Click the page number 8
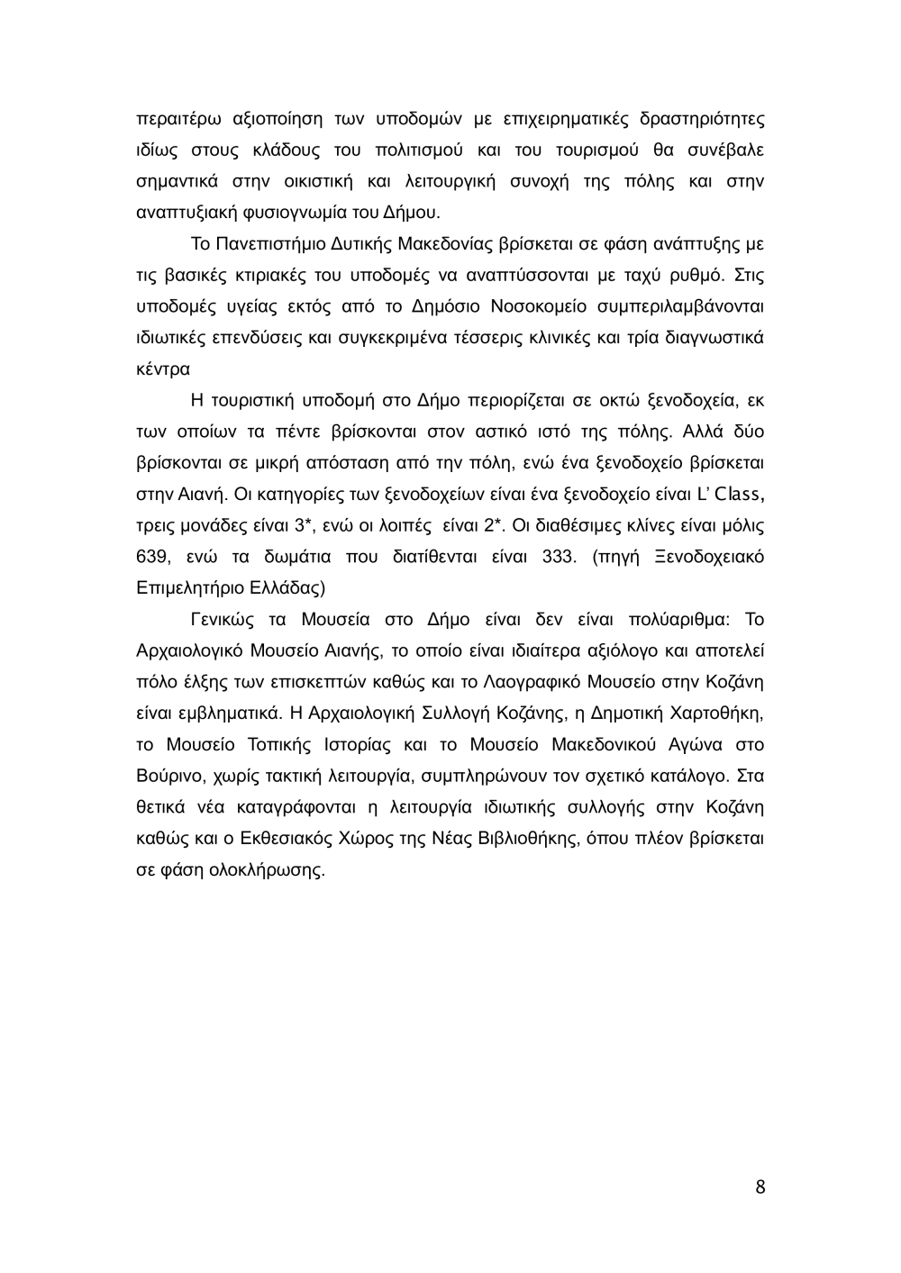(760, 1187)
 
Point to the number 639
(151, 556)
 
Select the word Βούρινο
(166, 776)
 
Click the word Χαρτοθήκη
(718, 713)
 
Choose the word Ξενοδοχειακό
(711, 556)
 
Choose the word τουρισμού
(578, 150)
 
